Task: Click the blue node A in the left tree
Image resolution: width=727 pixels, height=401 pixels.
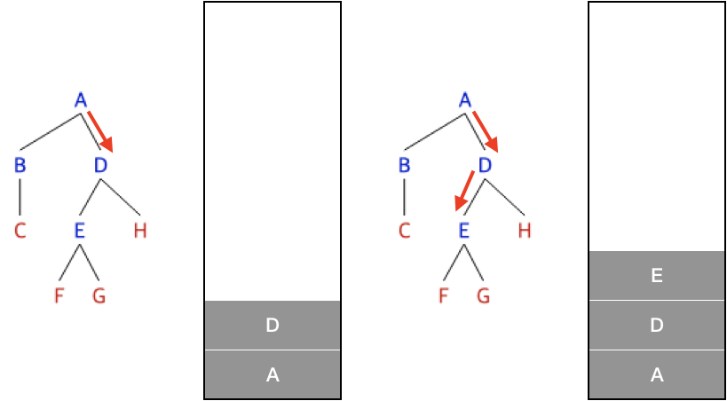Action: click(x=81, y=100)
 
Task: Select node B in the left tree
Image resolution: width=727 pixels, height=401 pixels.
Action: click(x=20, y=166)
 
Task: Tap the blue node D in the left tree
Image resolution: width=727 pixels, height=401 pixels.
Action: click(x=100, y=166)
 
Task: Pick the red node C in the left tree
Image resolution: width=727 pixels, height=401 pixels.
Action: click(x=20, y=232)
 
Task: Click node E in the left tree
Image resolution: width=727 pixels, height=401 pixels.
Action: click(x=80, y=232)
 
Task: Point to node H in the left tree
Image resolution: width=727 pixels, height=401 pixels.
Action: click(x=140, y=232)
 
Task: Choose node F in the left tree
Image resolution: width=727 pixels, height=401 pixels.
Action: click(x=59, y=296)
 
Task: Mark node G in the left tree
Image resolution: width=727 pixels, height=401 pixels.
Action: click(x=99, y=296)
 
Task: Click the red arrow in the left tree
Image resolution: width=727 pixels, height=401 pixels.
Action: click(x=99, y=131)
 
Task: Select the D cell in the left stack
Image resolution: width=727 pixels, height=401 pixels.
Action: click(x=273, y=326)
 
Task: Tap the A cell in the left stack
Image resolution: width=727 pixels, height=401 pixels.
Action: click(x=273, y=374)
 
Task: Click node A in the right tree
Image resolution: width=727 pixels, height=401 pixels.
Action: click(x=464, y=100)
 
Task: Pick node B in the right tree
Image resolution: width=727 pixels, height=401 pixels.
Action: click(x=404, y=166)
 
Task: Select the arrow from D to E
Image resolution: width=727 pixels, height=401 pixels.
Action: click(x=464, y=191)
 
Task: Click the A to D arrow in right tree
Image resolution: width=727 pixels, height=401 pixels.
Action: click(x=485, y=131)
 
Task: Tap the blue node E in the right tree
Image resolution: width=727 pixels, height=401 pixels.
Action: click(x=464, y=232)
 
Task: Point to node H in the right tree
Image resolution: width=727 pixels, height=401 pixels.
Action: click(x=525, y=232)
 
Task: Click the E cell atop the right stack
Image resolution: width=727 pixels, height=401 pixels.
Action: click(x=657, y=276)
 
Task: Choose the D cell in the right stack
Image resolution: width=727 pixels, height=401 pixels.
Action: click(x=657, y=326)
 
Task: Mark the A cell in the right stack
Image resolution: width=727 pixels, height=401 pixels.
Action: click(x=657, y=374)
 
